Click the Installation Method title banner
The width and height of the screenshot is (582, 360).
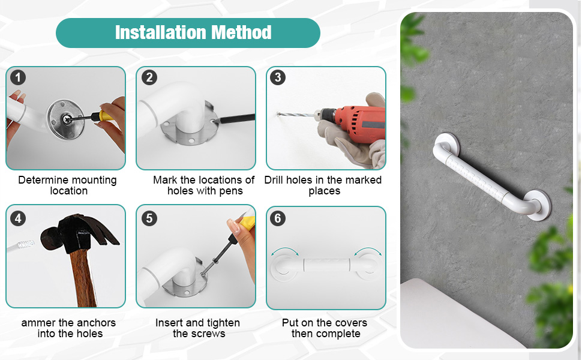point(188,32)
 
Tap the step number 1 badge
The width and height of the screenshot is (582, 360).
point(18,77)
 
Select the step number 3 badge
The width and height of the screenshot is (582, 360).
point(278,77)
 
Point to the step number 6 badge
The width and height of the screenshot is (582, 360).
point(278,218)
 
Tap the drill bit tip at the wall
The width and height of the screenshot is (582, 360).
point(277,113)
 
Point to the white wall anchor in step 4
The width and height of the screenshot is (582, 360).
point(22,246)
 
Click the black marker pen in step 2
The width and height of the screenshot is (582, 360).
point(236,119)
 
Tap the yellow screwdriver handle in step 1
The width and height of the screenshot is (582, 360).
point(105,116)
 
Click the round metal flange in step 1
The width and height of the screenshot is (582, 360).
point(65,119)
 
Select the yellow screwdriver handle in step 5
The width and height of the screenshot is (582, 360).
point(247,223)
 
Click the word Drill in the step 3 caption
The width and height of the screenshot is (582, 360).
point(274,180)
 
